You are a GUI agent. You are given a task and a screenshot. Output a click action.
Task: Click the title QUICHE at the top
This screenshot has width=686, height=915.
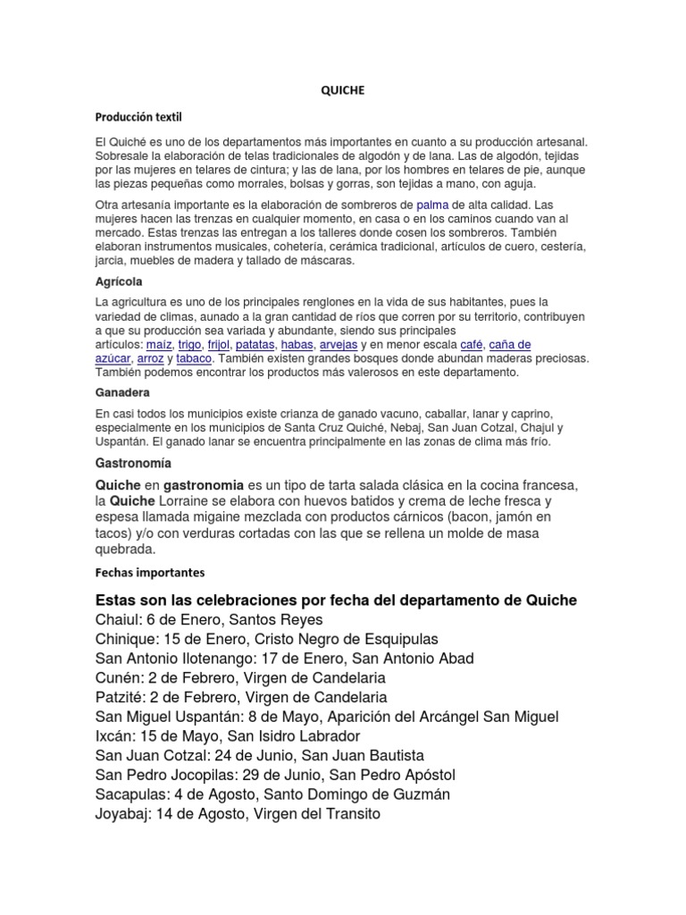(x=343, y=90)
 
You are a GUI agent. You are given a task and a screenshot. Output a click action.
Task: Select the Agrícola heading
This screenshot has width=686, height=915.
(x=121, y=280)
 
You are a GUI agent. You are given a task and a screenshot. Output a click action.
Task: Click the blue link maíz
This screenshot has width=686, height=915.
(x=160, y=344)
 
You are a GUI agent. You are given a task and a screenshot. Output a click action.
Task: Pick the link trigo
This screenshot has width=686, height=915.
(x=189, y=344)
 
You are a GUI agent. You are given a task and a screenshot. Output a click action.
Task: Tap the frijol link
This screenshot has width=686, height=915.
(x=219, y=344)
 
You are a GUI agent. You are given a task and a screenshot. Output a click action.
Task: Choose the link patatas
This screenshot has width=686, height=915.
(x=255, y=344)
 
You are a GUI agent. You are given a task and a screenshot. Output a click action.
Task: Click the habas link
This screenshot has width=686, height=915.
(x=297, y=344)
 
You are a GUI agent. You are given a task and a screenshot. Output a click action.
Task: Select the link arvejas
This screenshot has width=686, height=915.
(x=339, y=344)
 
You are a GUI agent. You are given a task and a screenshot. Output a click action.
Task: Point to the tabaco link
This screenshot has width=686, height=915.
(x=194, y=358)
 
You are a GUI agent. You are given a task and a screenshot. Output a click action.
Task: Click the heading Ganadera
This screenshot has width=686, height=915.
(x=122, y=392)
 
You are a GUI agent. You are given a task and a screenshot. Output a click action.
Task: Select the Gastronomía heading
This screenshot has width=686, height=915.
(x=133, y=464)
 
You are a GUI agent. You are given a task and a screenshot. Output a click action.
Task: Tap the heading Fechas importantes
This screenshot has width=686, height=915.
(x=150, y=572)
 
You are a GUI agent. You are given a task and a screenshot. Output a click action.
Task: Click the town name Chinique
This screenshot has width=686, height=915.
(x=122, y=639)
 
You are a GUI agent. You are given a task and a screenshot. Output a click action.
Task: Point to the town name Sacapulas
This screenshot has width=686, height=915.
(x=130, y=794)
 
